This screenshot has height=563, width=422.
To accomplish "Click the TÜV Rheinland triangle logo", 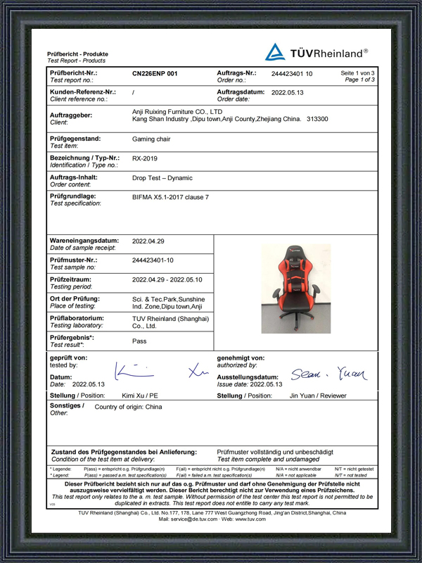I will tap(276, 51).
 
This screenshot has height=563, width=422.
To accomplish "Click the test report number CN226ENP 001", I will tap(155, 73).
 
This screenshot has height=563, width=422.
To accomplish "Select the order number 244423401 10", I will tap(292, 73).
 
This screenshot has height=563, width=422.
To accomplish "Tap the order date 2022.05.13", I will tap(288, 92).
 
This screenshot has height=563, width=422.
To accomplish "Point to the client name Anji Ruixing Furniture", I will tap(177, 111).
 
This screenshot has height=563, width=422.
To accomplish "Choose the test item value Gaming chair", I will tap(151, 139).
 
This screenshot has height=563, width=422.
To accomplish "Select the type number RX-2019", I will tap(145, 158).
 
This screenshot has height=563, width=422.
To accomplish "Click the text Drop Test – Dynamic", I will tap(162, 178).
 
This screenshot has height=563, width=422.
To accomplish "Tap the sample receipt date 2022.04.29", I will tap(148, 241).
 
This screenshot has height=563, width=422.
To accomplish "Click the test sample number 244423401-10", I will tap(153, 260).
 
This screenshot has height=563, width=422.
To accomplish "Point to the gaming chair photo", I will tap(295, 288).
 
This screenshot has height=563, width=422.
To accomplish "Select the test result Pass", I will tap(139, 341).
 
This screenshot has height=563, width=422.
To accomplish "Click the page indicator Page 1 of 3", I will tap(359, 80).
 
